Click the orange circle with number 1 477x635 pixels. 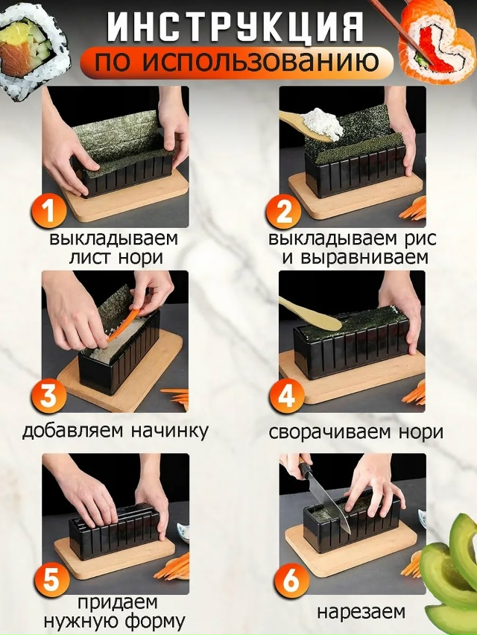tap(48, 212)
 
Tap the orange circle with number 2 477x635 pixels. tap(284, 212)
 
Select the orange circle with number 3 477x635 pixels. tap(48, 396)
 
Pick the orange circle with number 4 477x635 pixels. tap(286, 396)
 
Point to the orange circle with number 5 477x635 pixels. tap(51, 580)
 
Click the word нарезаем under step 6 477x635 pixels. tap(361, 612)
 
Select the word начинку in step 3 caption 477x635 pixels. tap(169, 431)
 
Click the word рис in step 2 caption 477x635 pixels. tap(420, 239)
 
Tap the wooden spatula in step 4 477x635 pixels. tap(312, 315)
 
